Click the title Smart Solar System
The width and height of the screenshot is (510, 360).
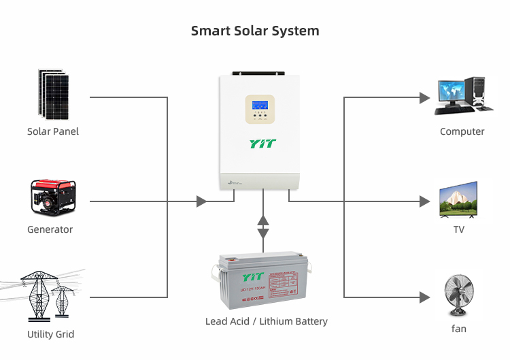[x=255, y=31]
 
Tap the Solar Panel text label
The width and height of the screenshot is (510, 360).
[x=53, y=131]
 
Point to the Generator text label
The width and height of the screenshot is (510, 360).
[x=50, y=229]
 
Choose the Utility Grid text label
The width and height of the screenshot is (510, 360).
[x=50, y=334]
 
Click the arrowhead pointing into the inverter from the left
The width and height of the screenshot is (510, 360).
[x=201, y=201]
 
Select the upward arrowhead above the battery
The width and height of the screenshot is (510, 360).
[x=263, y=220]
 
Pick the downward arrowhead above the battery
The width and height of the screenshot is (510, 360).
[x=263, y=233]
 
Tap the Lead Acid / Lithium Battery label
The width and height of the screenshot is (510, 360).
[x=267, y=321]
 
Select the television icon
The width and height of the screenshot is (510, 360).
[x=458, y=199]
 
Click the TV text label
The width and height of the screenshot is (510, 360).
[x=459, y=229]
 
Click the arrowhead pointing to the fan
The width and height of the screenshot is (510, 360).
[x=425, y=297]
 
